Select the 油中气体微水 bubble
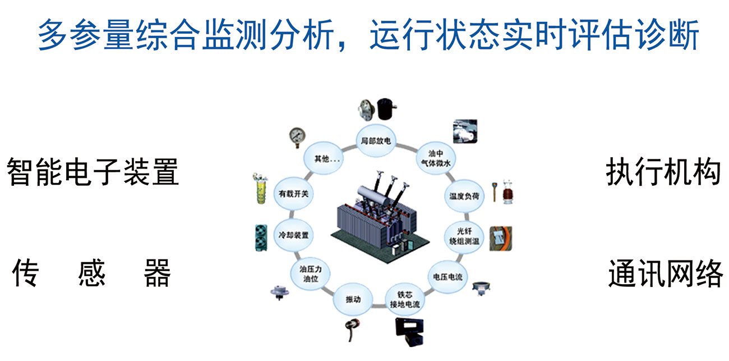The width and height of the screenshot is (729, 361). pos(435,158)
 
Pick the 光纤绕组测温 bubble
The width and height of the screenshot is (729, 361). pos(463,236)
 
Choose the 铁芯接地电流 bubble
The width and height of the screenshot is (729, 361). pos(404,300)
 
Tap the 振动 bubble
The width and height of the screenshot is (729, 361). pos(353,299)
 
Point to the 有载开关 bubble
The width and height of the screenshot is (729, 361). pos(293,194)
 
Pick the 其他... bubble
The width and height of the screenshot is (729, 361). pos(324,158)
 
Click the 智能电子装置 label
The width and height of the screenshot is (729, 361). pos(93,172)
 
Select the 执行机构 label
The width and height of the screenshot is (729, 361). pos(663,172)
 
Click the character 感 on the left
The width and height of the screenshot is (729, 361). pos(92,273)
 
